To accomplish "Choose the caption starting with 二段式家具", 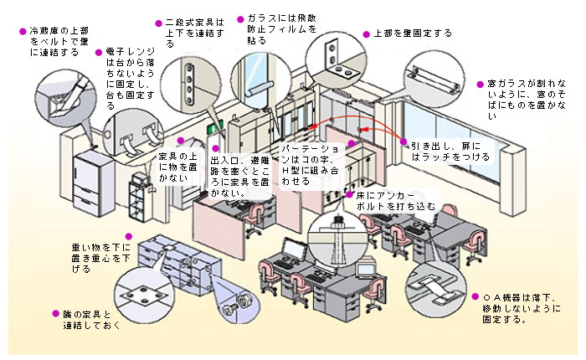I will (194, 32).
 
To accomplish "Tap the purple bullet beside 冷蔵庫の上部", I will (23, 30).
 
